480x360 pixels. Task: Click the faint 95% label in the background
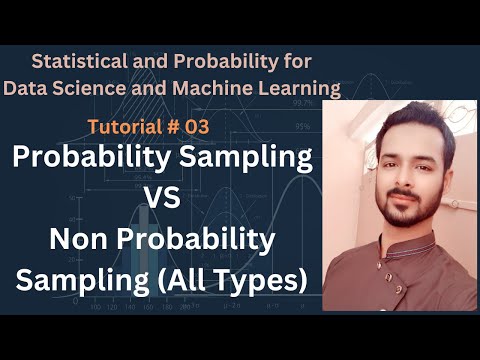tap(301, 127)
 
